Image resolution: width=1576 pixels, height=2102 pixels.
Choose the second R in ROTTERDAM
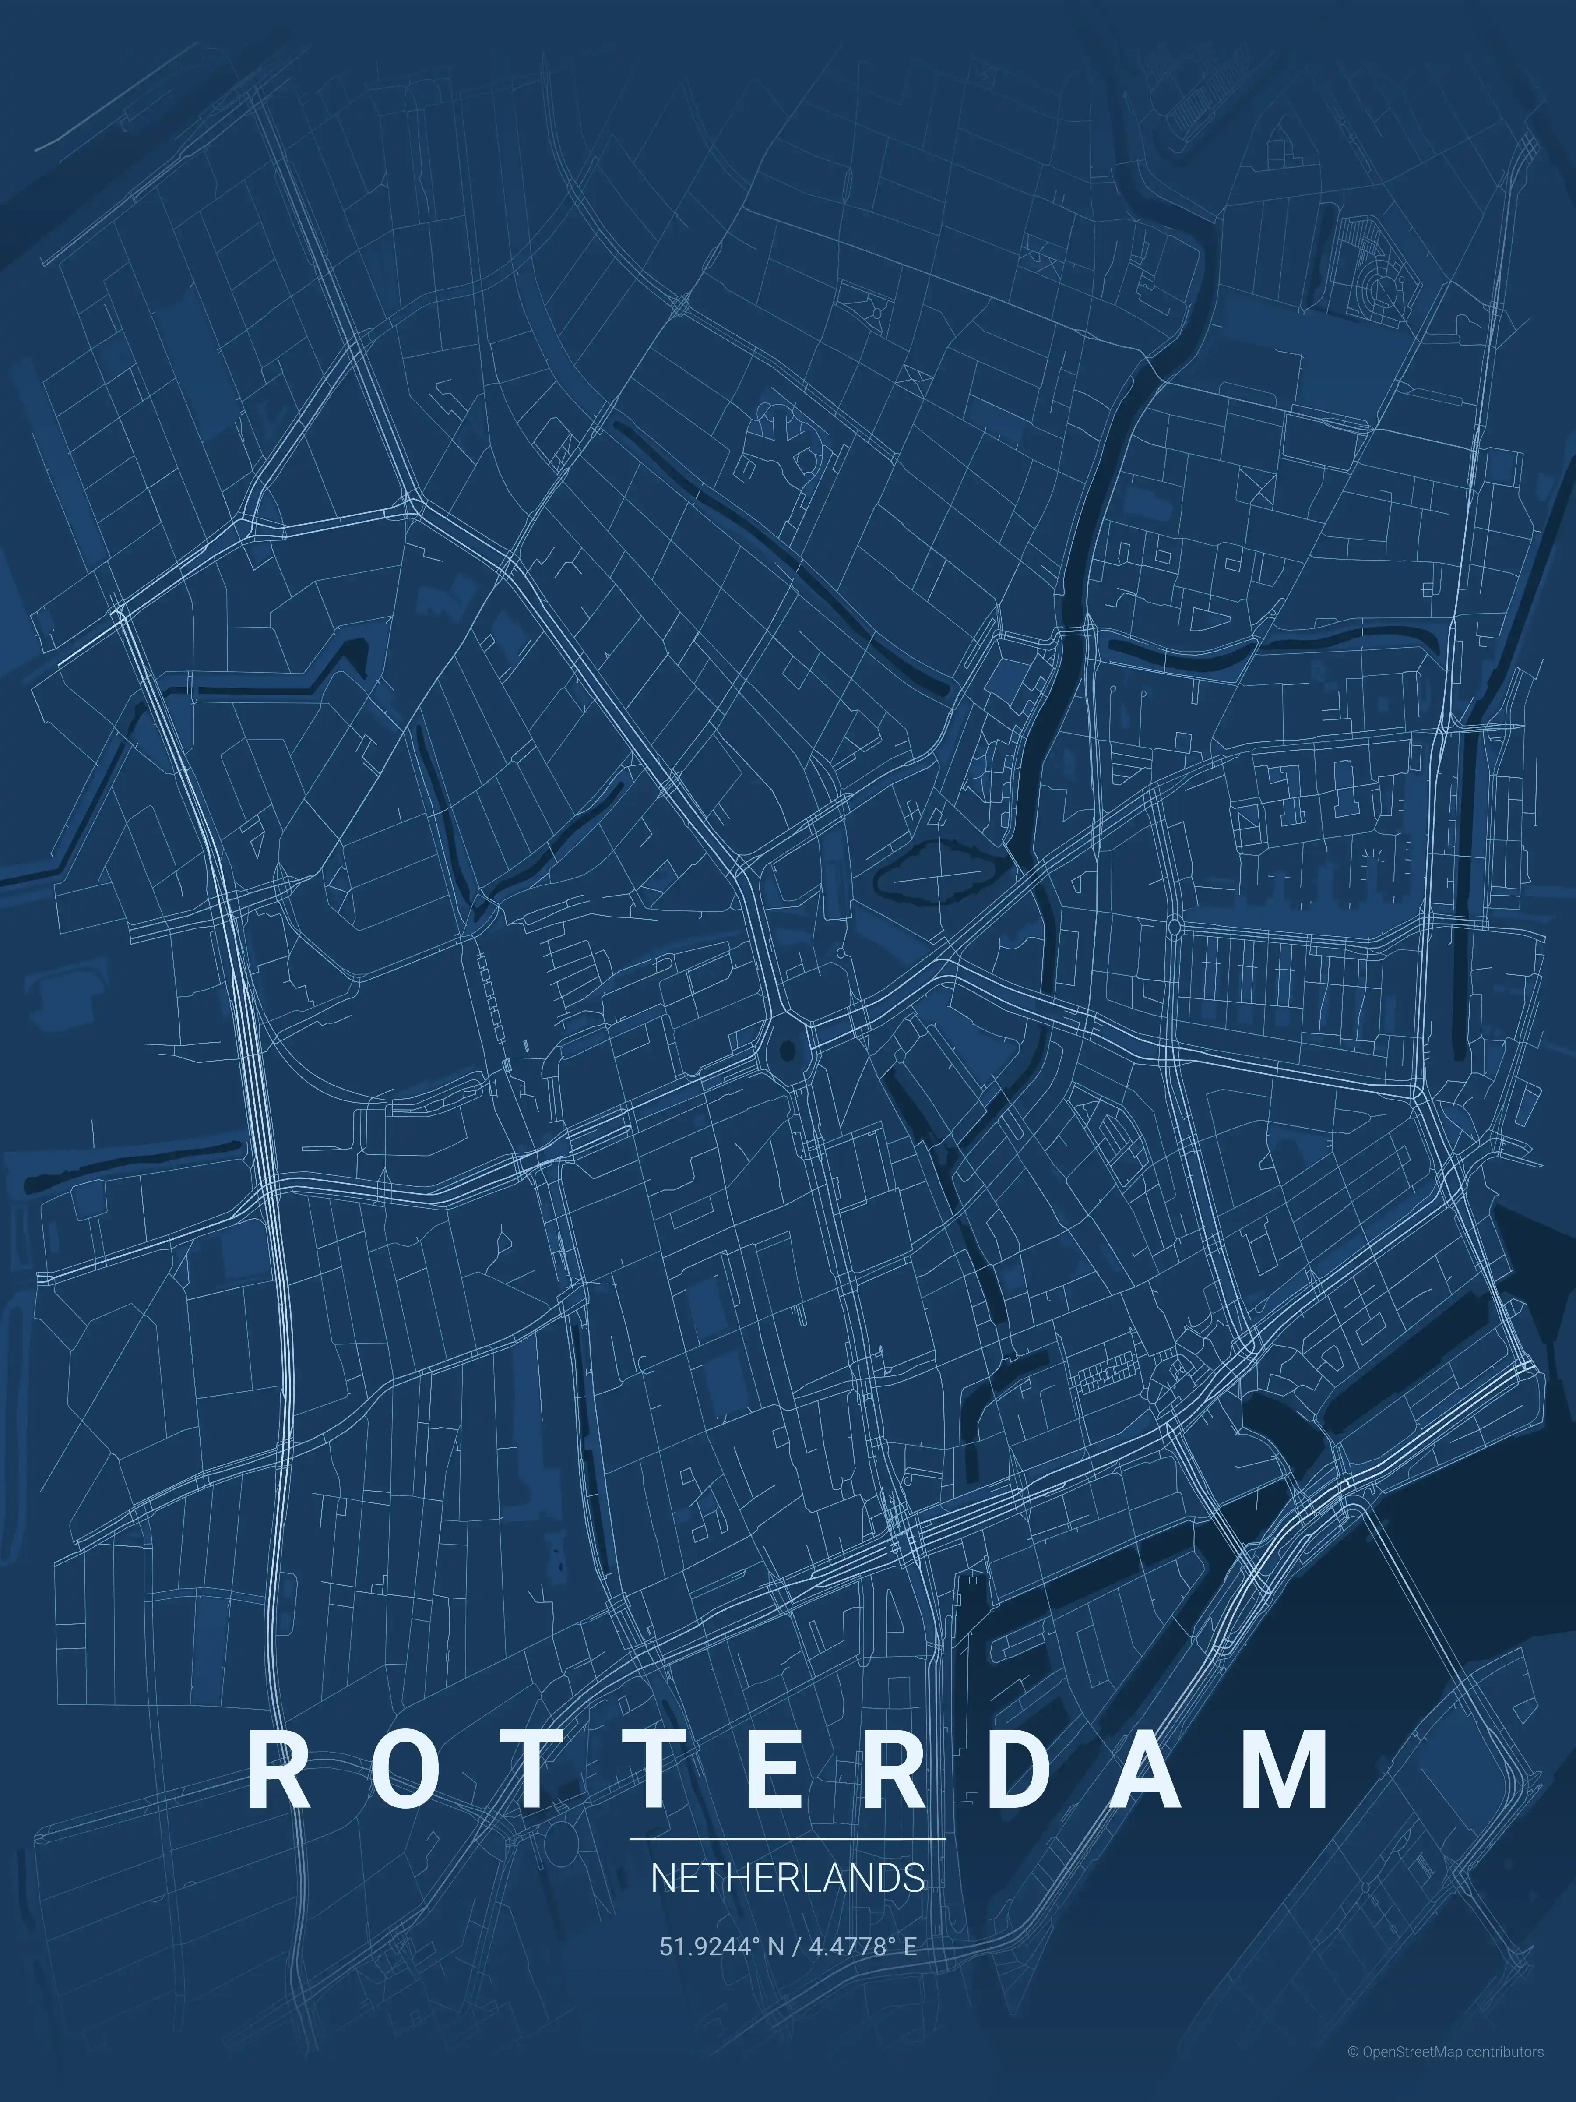click(x=896, y=1770)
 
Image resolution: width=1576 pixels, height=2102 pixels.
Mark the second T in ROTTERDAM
click(x=658, y=1770)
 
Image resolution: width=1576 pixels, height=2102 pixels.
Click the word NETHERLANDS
click(x=788, y=1879)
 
